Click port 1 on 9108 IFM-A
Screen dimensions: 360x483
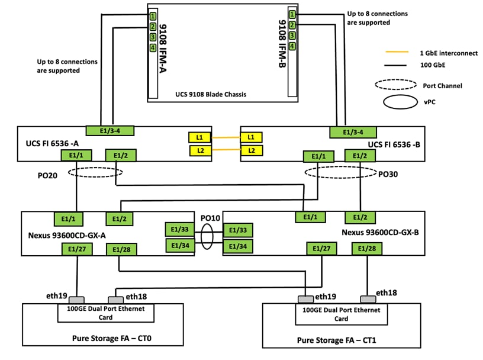152,16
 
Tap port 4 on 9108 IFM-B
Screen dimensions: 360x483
292,46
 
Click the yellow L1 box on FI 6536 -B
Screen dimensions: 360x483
252,137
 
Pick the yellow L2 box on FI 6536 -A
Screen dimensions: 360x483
199,150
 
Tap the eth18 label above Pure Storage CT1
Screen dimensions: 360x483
387,293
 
